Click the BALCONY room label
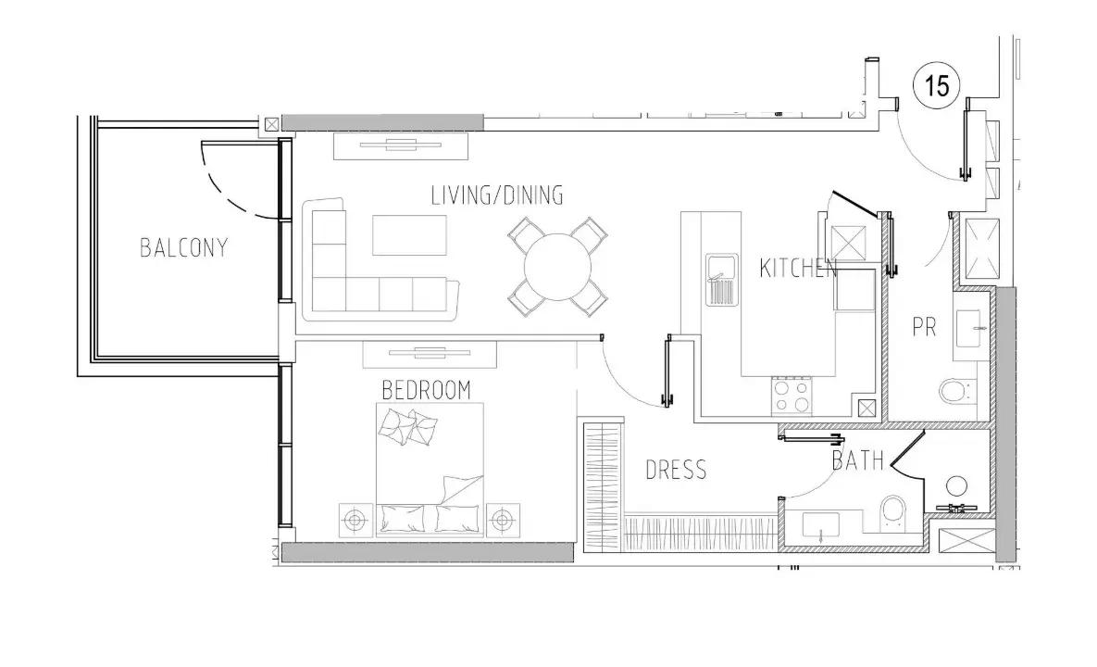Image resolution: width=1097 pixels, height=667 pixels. click(x=184, y=247)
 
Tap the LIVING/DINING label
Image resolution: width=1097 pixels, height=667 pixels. click(x=497, y=195)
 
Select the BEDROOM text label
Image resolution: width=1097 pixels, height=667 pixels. click(x=426, y=390)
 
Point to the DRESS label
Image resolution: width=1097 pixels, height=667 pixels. click(x=676, y=470)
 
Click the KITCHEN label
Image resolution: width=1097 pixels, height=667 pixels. click(x=798, y=268)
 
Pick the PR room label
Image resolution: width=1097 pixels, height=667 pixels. click(x=924, y=327)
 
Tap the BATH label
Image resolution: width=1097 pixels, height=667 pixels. click(x=858, y=459)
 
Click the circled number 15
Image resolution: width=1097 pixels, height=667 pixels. click(x=937, y=86)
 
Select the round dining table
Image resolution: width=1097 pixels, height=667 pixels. click(x=557, y=267)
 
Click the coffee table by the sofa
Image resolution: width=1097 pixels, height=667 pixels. click(x=409, y=235)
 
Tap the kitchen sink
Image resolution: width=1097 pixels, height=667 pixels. click(x=721, y=279)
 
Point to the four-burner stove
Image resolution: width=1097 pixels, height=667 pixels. click(x=792, y=396)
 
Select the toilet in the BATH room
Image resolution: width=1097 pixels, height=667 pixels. click(x=893, y=511)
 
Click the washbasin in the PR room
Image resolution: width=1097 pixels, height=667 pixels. click(x=971, y=328)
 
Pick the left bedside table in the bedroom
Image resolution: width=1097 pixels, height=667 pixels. click(x=356, y=521)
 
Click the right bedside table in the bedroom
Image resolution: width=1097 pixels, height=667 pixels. click(x=502, y=521)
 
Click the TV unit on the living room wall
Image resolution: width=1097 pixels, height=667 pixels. click(x=401, y=145)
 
